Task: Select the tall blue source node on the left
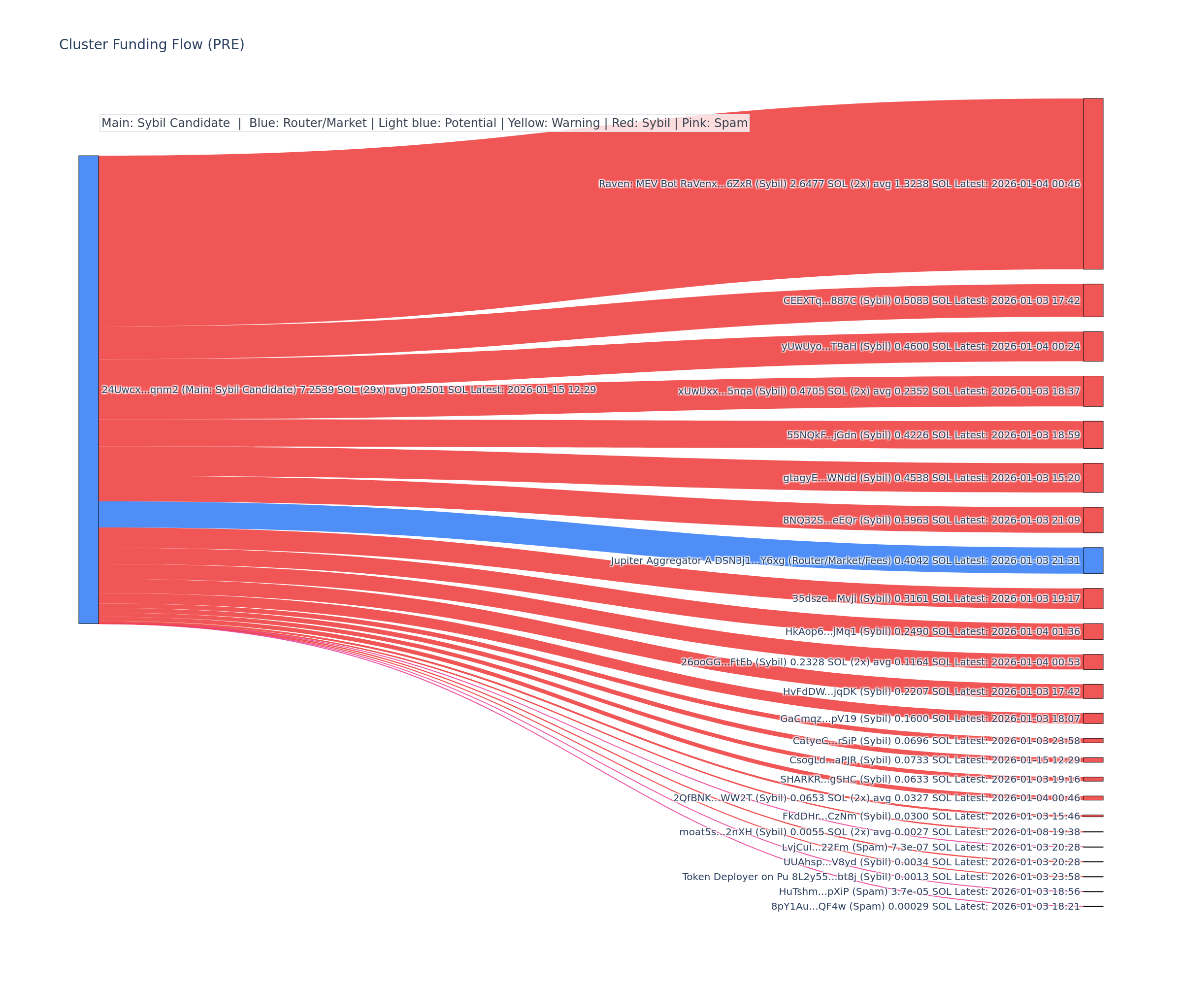point(88,390)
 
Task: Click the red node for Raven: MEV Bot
point(1093,184)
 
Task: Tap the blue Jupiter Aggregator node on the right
point(1093,560)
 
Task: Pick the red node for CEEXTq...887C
point(1093,300)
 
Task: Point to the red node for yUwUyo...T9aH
point(1093,346)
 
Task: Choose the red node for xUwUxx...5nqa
point(1093,391)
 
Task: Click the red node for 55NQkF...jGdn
point(1093,434)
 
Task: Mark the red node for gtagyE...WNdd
point(1093,478)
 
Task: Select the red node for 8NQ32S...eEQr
point(1093,520)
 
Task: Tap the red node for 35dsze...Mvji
point(1093,598)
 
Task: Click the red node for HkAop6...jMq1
point(1093,631)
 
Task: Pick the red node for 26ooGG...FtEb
point(1093,662)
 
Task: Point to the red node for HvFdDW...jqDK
point(1093,691)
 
